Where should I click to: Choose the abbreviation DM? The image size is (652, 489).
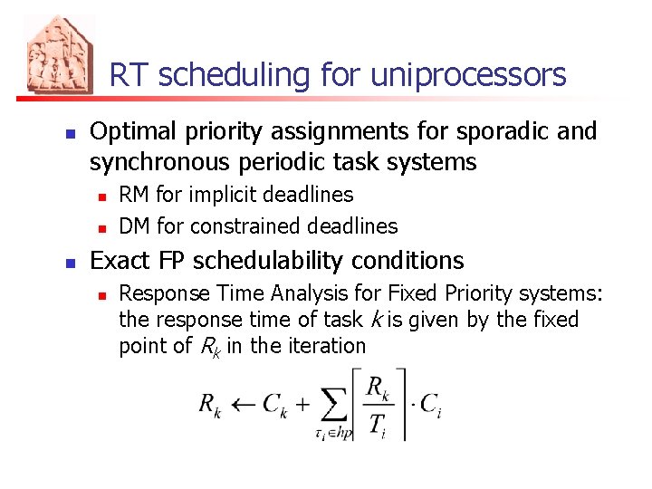coord(135,225)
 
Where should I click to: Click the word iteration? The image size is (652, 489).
coord(326,346)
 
